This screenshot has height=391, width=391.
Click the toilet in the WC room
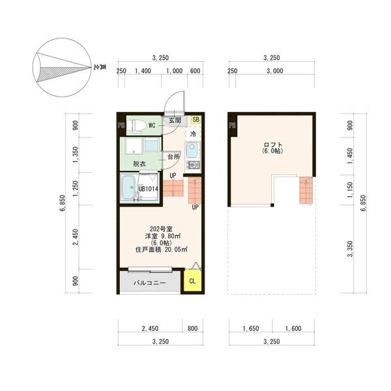click(136, 125)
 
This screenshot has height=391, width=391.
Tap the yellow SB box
click(195, 119)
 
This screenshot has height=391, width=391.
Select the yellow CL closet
click(192, 281)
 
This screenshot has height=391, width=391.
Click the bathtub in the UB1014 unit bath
click(128, 187)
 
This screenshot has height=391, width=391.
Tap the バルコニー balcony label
click(149, 283)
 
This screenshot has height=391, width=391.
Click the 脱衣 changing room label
click(139, 164)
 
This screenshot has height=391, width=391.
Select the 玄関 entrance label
click(175, 120)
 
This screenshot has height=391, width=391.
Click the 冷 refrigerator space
click(193, 134)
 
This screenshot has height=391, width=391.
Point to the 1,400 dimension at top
click(143, 71)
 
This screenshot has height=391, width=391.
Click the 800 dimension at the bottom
click(192, 328)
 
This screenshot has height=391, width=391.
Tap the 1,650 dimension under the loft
click(251, 328)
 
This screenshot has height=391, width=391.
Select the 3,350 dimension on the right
click(350, 249)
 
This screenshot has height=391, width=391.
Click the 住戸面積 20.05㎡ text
click(162, 250)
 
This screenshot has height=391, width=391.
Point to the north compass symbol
click(62, 67)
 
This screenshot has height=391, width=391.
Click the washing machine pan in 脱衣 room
click(133, 146)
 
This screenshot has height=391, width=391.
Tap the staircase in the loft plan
click(306, 190)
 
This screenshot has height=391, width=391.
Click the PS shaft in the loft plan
click(233, 125)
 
